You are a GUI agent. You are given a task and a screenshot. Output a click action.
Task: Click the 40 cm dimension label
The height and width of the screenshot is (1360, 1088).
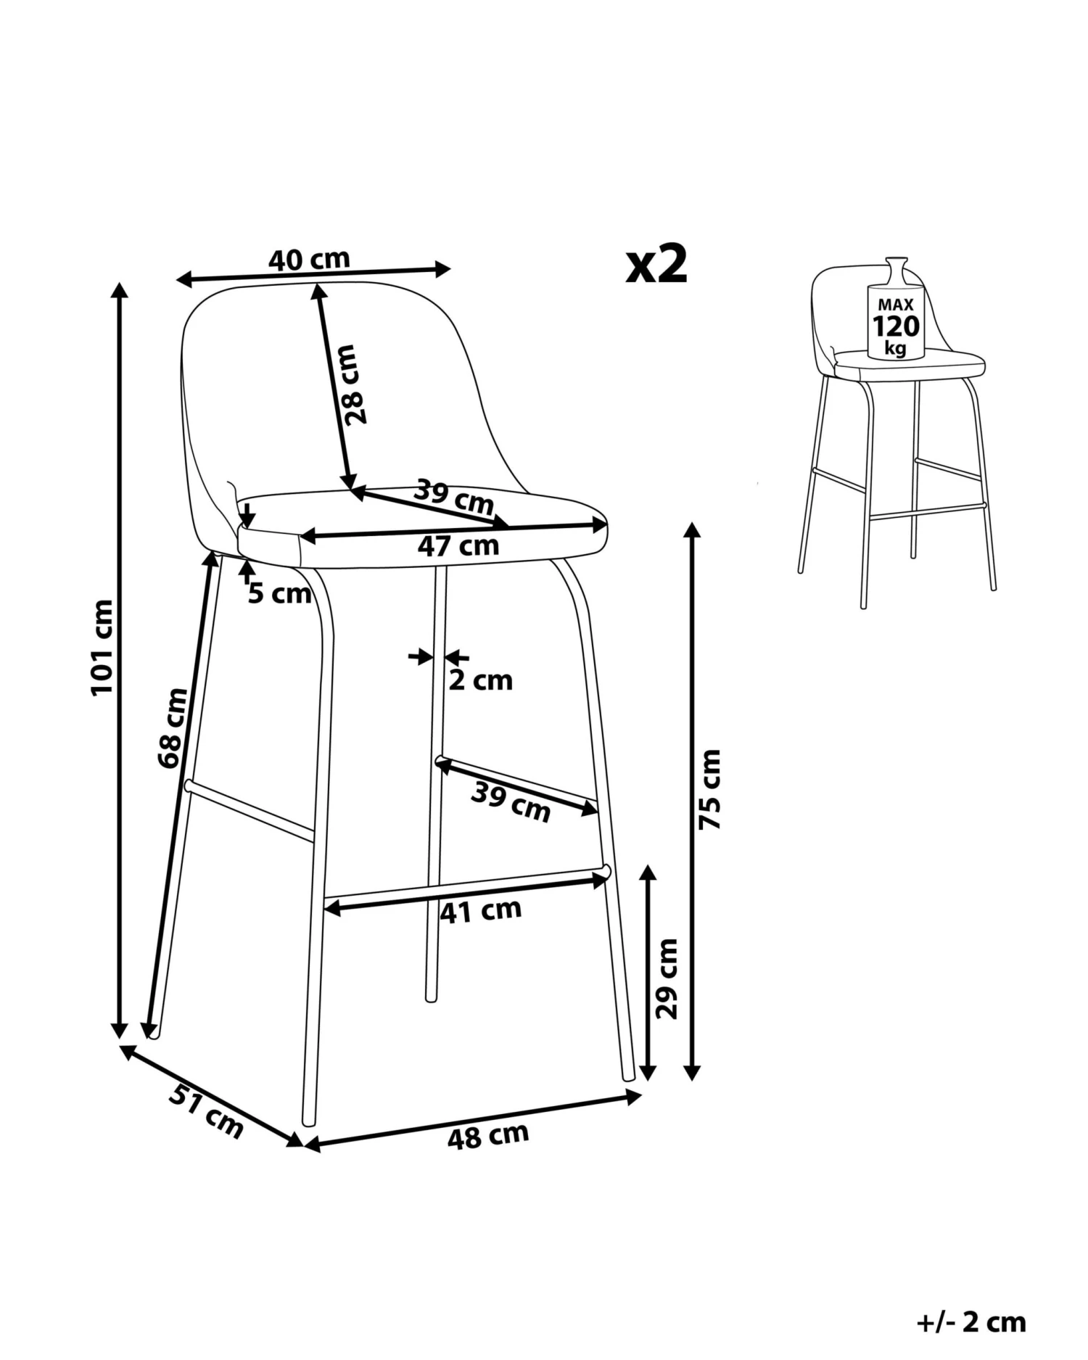pyautogui.click(x=310, y=259)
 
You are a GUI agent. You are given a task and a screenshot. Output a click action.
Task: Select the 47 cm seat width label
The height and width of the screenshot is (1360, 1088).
pyautogui.click(x=458, y=545)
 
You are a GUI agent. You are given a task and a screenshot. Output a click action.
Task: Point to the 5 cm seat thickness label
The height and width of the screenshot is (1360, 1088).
pyautogui.click(x=279, y=594)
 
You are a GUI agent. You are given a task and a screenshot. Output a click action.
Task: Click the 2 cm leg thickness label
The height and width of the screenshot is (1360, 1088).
pyautogui.click(x=480, y=680)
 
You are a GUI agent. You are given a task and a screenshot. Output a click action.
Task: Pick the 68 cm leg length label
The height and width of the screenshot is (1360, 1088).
pyautogui.click(x=173, y=728)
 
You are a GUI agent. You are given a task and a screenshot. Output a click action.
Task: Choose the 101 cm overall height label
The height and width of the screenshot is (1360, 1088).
pyautogui.click(x=102, y=647)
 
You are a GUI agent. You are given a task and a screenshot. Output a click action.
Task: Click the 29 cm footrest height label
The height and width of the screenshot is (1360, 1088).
pyautogui.click(x=666, y=978)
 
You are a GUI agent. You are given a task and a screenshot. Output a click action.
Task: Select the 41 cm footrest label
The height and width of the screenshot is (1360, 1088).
pyautogui.click(x=480, y=911)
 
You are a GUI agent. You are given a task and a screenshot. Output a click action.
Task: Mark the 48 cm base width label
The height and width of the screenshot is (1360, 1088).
pyautogui.click(x=487, y=1136)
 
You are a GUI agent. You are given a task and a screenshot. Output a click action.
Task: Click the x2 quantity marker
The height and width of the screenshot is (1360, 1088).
pyautogui.click(x=656, y=265)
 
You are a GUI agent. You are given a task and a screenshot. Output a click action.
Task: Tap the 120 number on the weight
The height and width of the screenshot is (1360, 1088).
pyautogui.click(x=896, y=326)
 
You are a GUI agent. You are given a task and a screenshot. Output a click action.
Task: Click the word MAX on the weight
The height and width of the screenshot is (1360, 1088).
pyautogui.click(x=896, y=305)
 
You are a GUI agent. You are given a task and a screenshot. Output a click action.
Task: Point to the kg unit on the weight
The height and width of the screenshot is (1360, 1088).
pyautogui.click(x=896, y=348)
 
